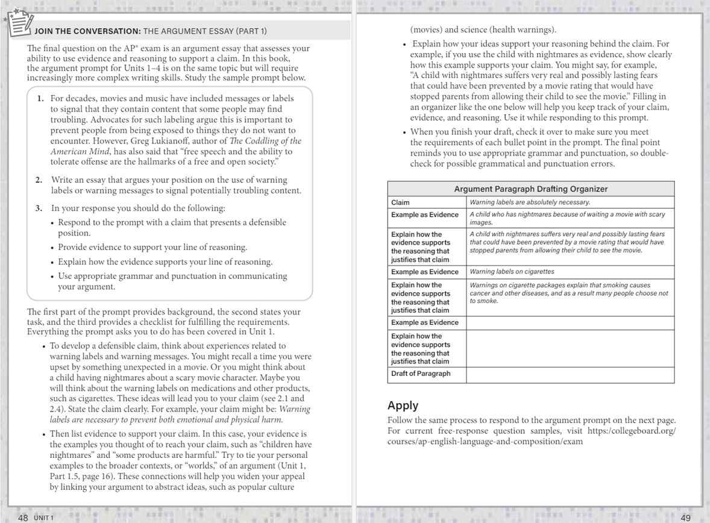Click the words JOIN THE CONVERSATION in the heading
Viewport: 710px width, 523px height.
pyautogui.click(x=88, y=31)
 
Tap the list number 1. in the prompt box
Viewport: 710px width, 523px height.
pyautogui.click(x=40, y=98)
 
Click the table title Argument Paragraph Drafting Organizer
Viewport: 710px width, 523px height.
pyautogui.click(x=530, y=189)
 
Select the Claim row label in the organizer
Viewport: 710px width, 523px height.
pyautogui.click(x=400, y=202)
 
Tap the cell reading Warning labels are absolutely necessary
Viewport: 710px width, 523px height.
pyautogui.click(x=529, y=202)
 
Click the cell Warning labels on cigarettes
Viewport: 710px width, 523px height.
pyautogui.click(x=512, y=272)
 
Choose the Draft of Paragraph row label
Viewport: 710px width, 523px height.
pyautogui.click(x=420, y=374)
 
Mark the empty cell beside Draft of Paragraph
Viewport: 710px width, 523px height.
pyautogui.click(x=570, y=374)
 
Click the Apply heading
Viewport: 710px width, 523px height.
pyautogui.click(x=403, y=406)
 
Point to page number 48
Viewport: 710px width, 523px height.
pyautogui.click(x=23, y=518)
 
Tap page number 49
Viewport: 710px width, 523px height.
pyautogui.click(x=685, y=518)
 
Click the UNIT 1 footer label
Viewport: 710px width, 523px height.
pyautogui.click(x=44, y=518)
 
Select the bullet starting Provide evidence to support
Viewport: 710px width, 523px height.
pyautogui.click(x=152, y=248)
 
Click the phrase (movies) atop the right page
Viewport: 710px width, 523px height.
pyautogui.click(x=426, y=30)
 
